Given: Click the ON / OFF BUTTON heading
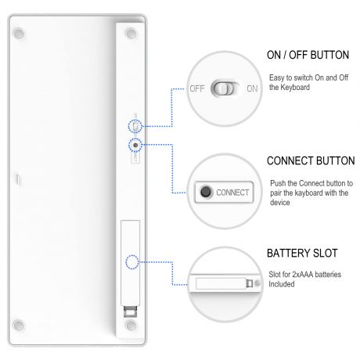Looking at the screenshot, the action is pyautogui.click(x=308, y=55).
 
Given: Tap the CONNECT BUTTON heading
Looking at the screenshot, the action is pyautogui.click(x=311, y=161).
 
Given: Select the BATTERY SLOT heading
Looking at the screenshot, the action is pyautogui.click(x=302, y=254).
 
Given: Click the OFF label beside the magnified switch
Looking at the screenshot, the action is pyautogui.click(x=197, y=88).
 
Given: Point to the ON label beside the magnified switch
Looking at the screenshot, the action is pyautogui.click(x=252, y=88).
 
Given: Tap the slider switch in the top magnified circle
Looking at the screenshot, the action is pyautogui.click(x=225, y=88).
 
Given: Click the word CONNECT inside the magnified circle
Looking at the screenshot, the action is pyautogui.click(x=232, y=193).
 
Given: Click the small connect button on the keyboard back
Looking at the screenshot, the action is pyautogui.click(x=135, y=145).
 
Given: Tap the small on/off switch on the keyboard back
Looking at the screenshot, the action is pyautogui.click(x=135, y=127).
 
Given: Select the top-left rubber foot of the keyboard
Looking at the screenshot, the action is pyautogui.click(x=19, y=34).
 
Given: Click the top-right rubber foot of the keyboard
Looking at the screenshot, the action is pyautogui.click(x=131, y=34).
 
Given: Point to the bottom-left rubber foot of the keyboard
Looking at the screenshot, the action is pyautogui.click(x=19, y=326).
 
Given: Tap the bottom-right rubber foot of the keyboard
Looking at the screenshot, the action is pyautogui.click(x=131, y=326).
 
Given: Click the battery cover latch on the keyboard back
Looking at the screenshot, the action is pyautogui.click(x=130, y=311).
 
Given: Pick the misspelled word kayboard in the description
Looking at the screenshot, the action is pyautogui.click(x=308, y=193).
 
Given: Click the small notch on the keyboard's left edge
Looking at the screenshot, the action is pyautogui.click(x=17, y=179).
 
